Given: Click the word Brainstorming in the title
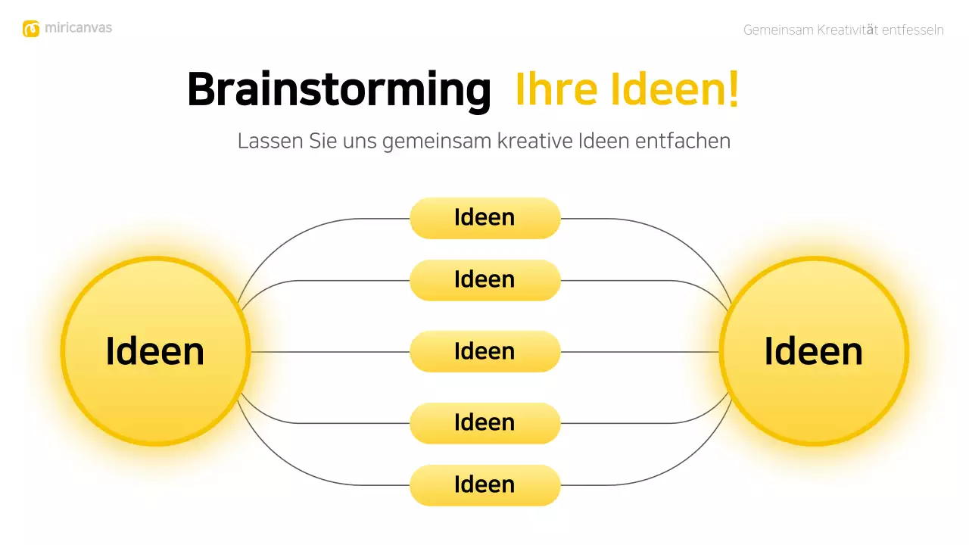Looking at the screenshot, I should pos(338,90).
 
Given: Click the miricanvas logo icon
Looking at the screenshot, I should pos(31,29).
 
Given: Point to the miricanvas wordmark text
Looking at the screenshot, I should pos(78,28).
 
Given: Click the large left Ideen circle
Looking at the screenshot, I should pos(155,351).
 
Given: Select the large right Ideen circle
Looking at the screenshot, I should pos(814,351).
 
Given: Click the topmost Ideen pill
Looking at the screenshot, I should pos(484,218).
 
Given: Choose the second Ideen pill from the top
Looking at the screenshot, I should pos(484,280).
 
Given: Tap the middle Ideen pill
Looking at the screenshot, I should pos(484,351).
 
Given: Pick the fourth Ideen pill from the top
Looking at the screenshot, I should pos(484,423).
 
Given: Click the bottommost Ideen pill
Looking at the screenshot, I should pos(484,485).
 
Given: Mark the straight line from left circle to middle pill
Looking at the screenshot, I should pos(329,352).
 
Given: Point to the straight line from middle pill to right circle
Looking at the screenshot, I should pos(640,352).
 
